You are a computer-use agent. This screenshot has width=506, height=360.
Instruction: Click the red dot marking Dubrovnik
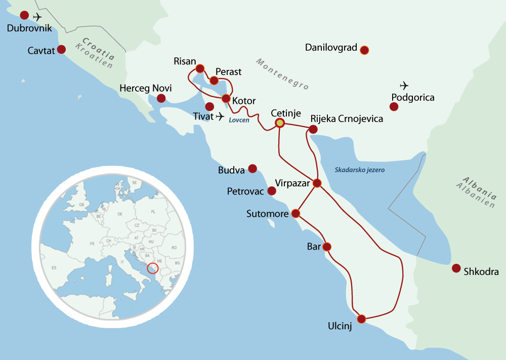coord(24,15)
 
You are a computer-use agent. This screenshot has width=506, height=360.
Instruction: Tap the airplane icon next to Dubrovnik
coord(37,17)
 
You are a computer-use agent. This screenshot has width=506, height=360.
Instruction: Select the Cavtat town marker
coord(61,49)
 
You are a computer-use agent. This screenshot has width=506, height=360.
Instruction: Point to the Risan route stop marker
coord(199,68)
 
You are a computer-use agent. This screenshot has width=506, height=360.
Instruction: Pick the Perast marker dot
coord(214,81)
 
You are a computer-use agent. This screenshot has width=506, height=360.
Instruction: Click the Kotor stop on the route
coord(226,98)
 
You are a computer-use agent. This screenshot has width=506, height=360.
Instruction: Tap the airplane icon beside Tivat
coord(220,117)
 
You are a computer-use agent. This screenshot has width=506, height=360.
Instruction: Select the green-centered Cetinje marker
coord(279,123)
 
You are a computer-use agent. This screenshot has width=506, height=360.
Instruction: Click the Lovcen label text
coord(239,121)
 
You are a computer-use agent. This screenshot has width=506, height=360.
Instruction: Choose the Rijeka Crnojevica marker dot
coord(313,130)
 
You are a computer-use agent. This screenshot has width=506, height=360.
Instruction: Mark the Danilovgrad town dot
coord(364,50)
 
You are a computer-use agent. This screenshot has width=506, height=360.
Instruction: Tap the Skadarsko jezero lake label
coord(359,170)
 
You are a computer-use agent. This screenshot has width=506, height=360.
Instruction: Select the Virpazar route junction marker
coord(317,183)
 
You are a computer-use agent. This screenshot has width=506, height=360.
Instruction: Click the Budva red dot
coord(252,169)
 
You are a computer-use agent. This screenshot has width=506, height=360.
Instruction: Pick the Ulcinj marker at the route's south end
coord(361,319)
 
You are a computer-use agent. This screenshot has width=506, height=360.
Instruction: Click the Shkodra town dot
coord(456,268)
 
